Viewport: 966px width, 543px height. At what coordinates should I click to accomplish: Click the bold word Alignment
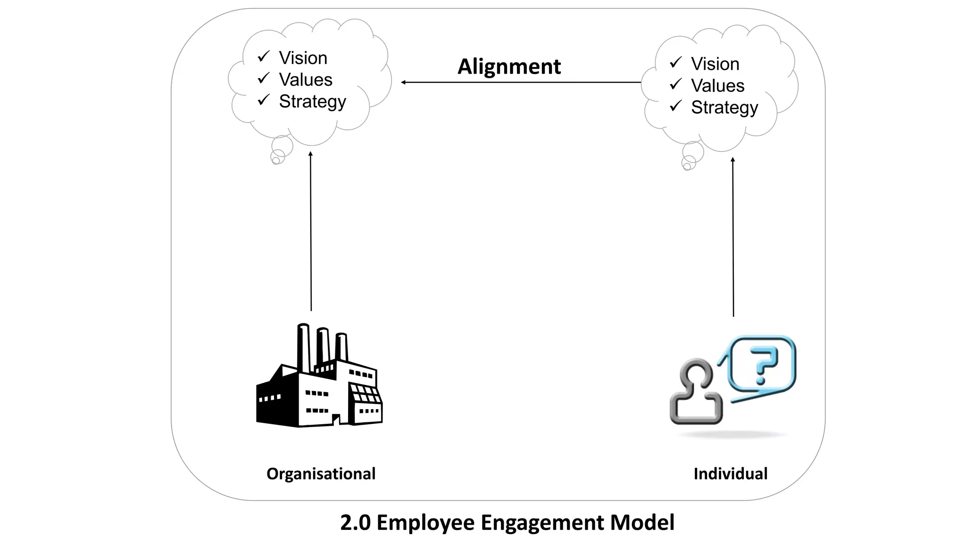click(509, 66)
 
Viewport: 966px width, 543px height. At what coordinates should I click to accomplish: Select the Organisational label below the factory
click(321, 473)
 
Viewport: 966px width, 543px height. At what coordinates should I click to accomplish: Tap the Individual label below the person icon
click(730, 473)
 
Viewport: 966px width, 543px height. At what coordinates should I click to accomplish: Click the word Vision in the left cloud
click(303, 58)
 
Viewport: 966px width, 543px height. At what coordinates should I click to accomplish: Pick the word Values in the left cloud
click(306, 80)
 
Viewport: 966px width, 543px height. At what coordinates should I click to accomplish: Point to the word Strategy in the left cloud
click(312, 102)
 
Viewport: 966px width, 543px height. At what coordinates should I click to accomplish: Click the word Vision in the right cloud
click(715, 64)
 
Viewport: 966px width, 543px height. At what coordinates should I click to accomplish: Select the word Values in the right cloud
click(717, 86)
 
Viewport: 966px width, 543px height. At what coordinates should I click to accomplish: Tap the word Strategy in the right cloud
click(724, 108)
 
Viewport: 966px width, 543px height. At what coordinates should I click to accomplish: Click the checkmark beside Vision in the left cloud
click(264, 57)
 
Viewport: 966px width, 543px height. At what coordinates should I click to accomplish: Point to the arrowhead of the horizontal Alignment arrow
click(404, 82)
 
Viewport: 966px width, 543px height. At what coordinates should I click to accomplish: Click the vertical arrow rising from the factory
click(311, 231)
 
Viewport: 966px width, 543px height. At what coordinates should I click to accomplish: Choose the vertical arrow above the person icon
click(733, 236)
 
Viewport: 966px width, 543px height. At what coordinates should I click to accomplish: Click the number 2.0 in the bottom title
click(355, 522)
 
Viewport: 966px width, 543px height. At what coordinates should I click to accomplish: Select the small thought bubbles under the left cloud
click(280, 151)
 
